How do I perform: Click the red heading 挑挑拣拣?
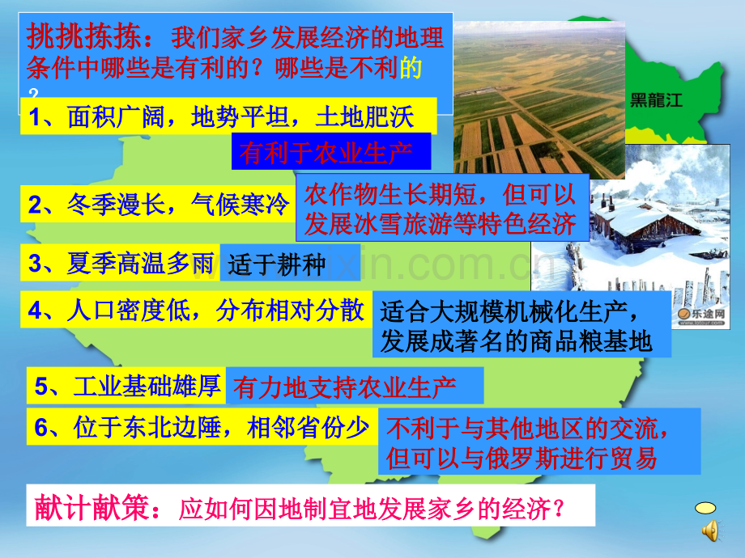click(x=84, y=37)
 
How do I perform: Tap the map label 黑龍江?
click(x=656, y=100)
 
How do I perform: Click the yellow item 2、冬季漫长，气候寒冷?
click(x=158, y=204)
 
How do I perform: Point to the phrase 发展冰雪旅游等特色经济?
click(x=441, y=224)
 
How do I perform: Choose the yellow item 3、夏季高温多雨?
click(x=120, y=263)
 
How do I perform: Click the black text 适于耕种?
click(x=276, y=264)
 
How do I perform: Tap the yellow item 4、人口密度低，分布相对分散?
click(x=196, y=311)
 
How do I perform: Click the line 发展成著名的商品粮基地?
click(x=516, y=340)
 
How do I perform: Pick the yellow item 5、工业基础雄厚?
click(x=126, y=386)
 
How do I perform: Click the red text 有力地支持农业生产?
click(x=345, y=387)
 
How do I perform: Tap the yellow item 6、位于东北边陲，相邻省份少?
click(x=202, y=427)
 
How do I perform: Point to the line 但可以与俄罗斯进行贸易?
click(x=521, y=458)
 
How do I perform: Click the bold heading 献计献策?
click(x=92, y=507)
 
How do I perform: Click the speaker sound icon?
click(x=711, y=531)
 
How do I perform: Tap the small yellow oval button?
click(x=705, y=508)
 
